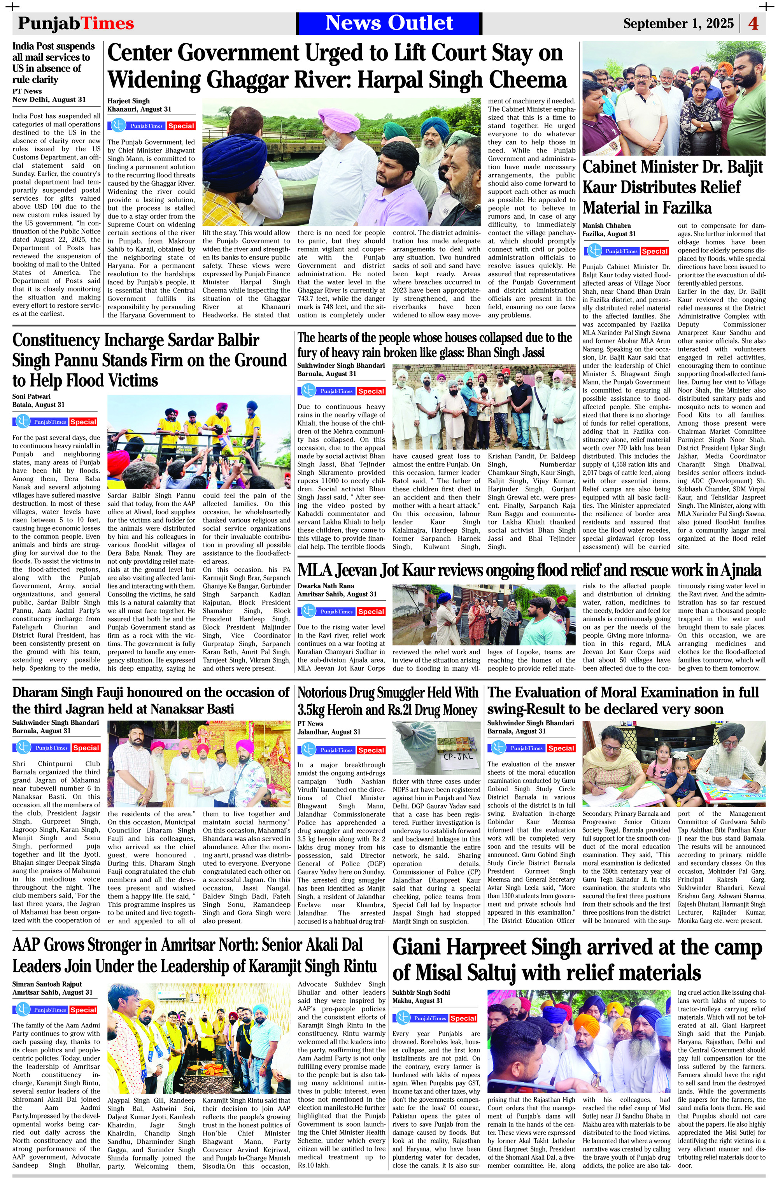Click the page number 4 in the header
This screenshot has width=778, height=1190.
753,23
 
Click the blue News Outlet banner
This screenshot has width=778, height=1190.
389,23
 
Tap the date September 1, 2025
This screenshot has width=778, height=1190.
678,23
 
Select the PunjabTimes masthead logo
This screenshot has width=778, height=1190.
76,23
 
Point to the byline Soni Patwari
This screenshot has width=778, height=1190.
32,396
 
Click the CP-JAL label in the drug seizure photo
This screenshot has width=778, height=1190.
458,757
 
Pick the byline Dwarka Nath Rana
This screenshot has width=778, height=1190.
326,585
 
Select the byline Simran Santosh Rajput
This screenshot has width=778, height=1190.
47,984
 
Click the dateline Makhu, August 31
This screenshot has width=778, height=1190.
417,1001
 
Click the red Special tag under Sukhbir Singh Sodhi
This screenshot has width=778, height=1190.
463,1018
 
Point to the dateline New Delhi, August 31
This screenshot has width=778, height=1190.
49,100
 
